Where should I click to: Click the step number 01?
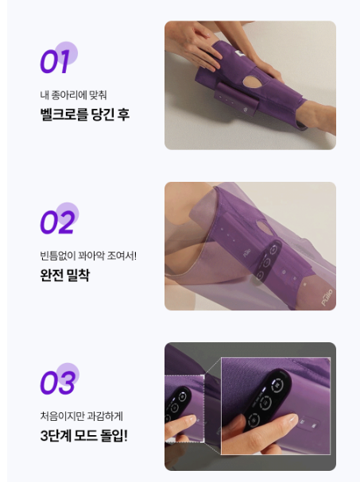coord(55,60)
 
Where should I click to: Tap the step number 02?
coord(57,222)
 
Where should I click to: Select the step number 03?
coord(57,383)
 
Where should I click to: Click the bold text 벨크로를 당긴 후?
coord(84,114)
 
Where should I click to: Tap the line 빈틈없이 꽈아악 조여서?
coord(88,256)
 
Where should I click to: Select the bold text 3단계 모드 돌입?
coord(83,435)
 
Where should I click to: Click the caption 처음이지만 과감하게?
coord(81,416)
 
